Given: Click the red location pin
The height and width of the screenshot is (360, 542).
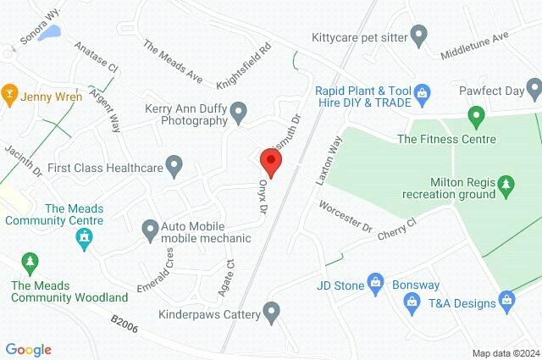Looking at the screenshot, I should click(x=270, y=159).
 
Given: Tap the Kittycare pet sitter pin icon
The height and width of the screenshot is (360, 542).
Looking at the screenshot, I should click(x=418, y=36).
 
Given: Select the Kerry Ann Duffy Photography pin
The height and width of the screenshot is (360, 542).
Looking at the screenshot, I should click(x=240, y=111).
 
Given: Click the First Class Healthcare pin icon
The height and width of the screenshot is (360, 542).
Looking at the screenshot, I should click(x=174, y=166).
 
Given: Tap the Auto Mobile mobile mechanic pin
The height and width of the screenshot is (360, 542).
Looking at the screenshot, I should click(x=150, y=228).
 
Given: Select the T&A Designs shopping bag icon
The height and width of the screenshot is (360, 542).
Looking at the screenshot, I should click(x=506, y=298).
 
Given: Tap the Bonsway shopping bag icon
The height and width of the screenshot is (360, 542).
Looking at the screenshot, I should click(x=412, y=301).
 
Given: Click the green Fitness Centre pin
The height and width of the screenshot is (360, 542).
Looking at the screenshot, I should click(x=476, y=114).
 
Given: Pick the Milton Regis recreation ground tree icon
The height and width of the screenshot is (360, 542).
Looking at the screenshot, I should click(x=506, y=182).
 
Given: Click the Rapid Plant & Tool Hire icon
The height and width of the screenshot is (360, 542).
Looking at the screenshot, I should click(x=425, y=91).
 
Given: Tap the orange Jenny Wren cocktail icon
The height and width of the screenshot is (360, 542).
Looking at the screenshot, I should click(x=10, y=91).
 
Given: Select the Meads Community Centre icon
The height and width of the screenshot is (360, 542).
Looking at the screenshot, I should click(x=84, y=241).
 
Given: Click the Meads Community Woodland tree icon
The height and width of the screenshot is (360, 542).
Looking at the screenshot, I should click(x=30, y=261).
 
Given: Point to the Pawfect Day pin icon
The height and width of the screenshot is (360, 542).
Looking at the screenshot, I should click(x=534, y=86).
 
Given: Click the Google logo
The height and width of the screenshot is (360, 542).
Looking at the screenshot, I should click(x=28, y=349).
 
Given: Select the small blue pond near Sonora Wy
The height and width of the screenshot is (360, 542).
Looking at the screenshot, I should click(x=51, y=33).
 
